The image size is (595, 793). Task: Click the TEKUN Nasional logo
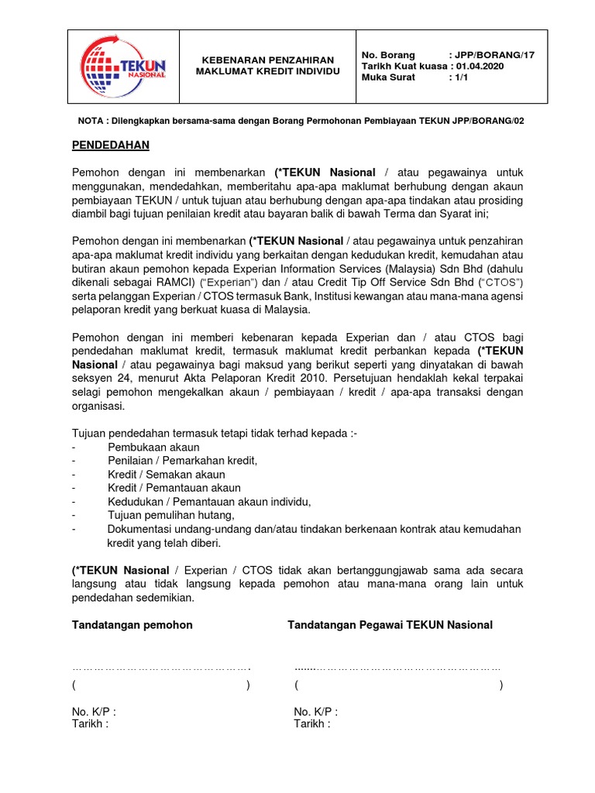click(x=124, y=66)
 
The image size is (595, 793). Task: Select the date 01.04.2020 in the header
click(x=485, y=67)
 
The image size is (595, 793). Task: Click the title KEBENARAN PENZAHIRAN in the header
click(x=267, y=60)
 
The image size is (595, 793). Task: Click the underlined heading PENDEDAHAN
click(x=111, y=145)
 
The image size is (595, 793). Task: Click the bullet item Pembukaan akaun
click(x=153, y=447)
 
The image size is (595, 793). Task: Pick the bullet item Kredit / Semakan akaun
click(x=167, y=474)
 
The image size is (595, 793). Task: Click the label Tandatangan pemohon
click(x=132, y=625)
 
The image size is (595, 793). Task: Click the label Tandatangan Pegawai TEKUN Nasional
click(x=390, y=625)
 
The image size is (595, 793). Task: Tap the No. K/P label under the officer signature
click(x=315, y=712)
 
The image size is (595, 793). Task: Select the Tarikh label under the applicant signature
click(x=90, y=724)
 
